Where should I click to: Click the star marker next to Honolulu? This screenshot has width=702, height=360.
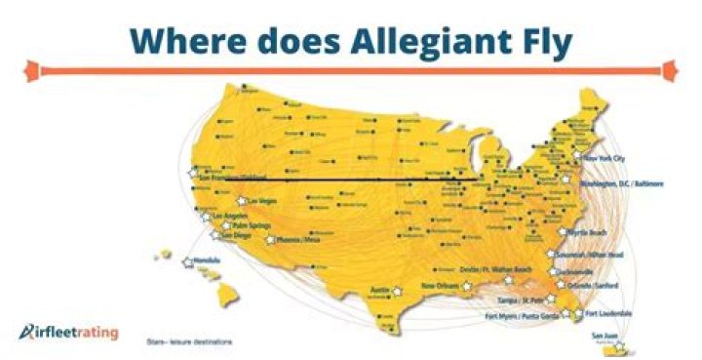pos(188,260)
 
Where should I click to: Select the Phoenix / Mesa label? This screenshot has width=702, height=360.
pos(298,239)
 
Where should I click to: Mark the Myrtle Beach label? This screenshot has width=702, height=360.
pos(589,232)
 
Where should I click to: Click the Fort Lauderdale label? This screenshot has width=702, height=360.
pos(607,313)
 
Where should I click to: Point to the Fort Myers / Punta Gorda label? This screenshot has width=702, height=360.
pos(517,316)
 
